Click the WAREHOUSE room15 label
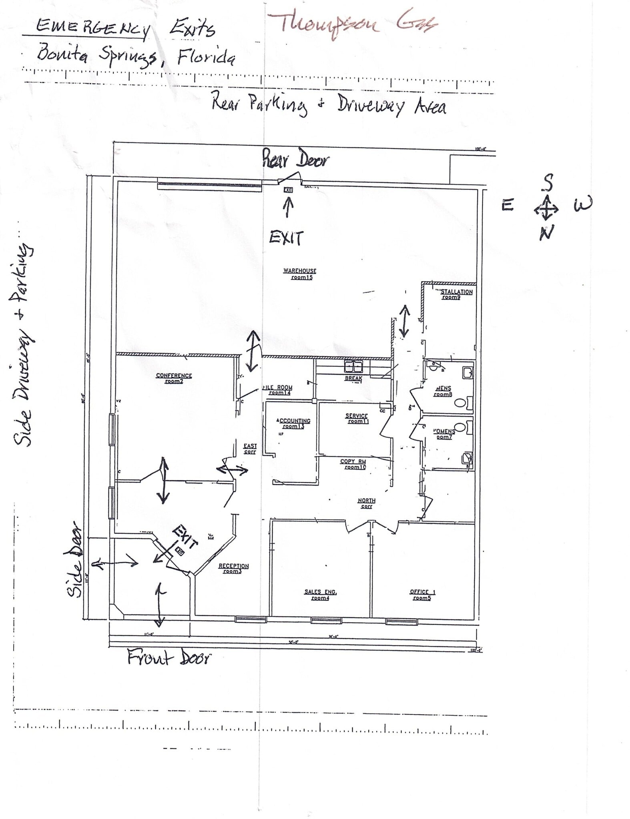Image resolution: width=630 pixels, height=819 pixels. [x=300, y=274]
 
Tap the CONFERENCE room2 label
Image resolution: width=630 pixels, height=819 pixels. [x=174, y=378]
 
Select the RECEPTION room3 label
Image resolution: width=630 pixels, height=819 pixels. [x=233, y=568]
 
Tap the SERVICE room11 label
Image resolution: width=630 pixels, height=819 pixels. [x=357, y=418]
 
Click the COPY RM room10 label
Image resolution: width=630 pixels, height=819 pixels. [x=353, y=464]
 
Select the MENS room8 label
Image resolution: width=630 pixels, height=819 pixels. [x=443, y=391]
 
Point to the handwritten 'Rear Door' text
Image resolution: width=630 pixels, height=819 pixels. [x=295, y=160]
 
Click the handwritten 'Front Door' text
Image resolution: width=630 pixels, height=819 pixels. [x=169, y=657]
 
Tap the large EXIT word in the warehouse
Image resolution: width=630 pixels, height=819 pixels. [x=286, y=238]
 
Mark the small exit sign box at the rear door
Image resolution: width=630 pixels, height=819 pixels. [x=288, y=190]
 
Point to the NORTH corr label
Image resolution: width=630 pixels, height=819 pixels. [x=366, y=503]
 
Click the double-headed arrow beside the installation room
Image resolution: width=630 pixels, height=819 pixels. [x=404, y=320]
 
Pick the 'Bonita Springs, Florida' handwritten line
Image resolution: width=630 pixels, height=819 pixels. [x=136, y=56]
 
